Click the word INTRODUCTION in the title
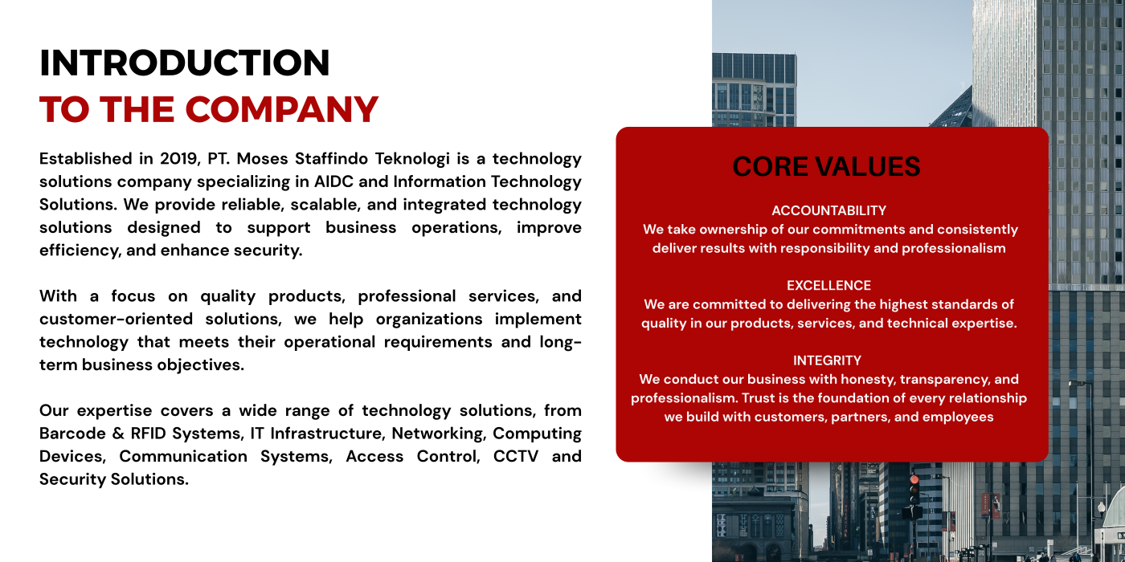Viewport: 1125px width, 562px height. click(184, 63)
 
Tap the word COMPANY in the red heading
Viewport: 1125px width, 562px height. click(282, 109)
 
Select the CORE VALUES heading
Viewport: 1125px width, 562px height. click(826, 167)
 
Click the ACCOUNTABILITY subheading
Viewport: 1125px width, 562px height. click(828, 210)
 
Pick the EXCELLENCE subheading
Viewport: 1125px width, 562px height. click(828, 285)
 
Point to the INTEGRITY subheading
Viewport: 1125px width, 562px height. click(827, 360)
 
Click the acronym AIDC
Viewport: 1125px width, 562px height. click(334, 181)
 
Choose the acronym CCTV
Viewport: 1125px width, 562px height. click(516, 456)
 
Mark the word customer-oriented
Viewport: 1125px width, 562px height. click(116, 320)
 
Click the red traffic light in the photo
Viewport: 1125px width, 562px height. click(914, 480)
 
